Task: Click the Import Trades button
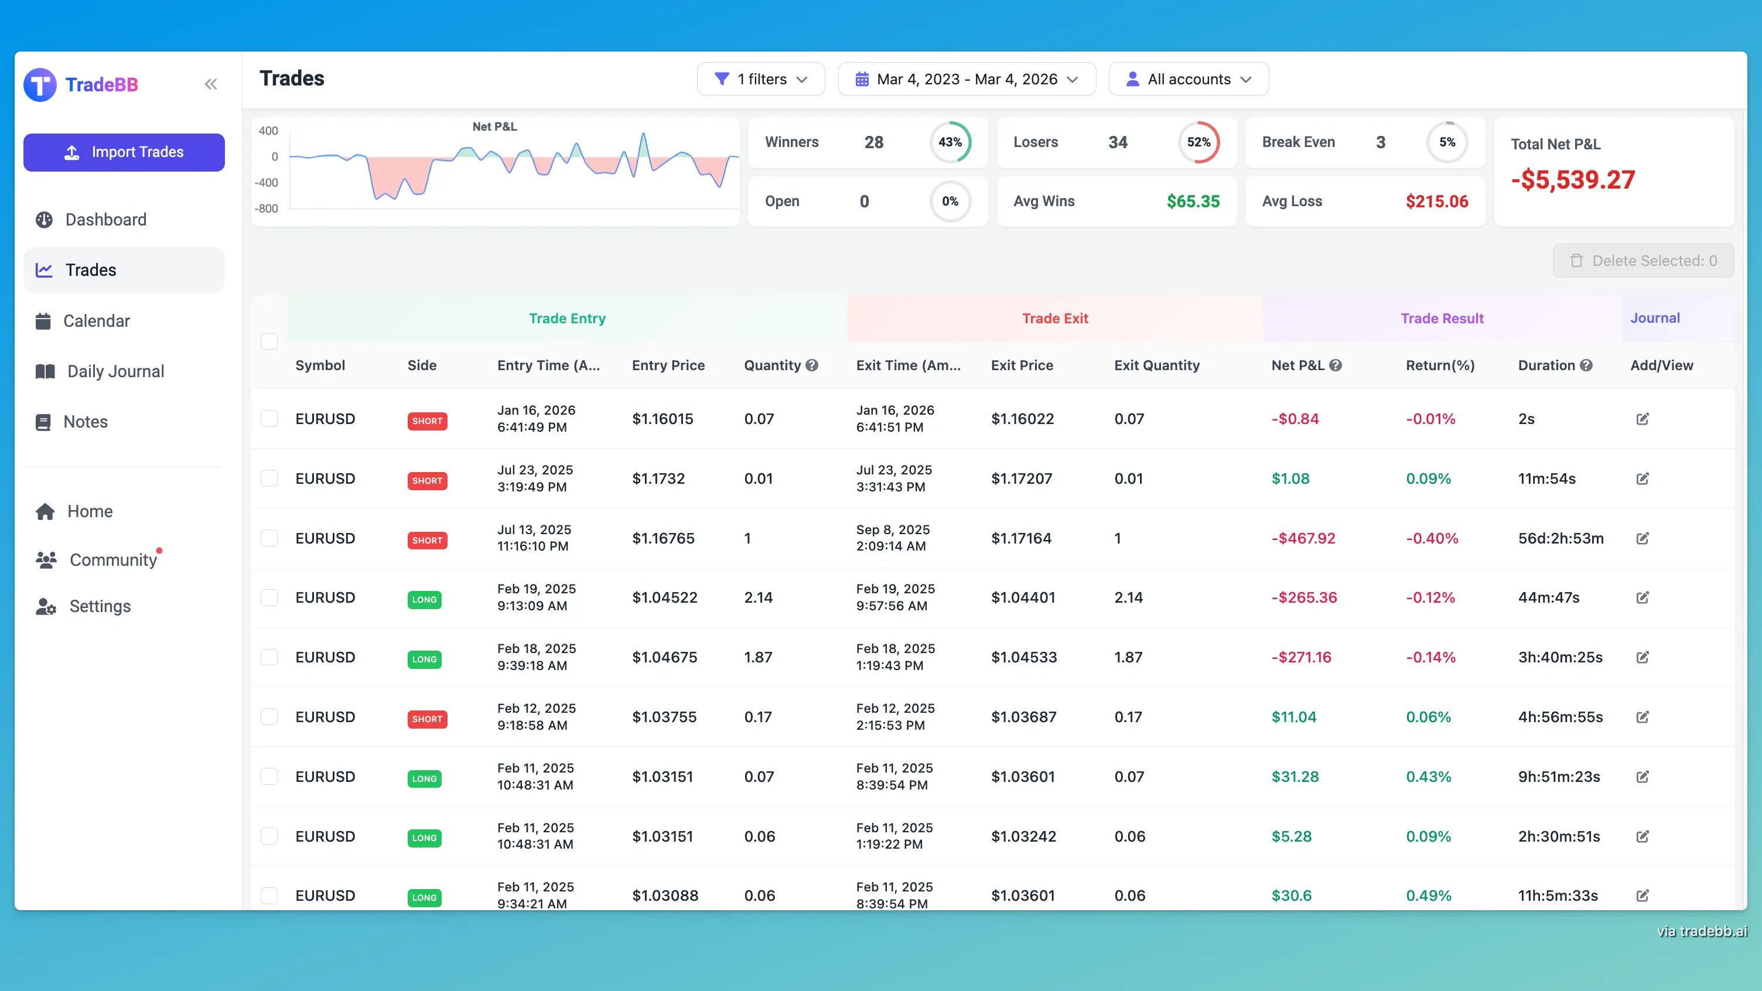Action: pyautogui.click(x=124, y=152)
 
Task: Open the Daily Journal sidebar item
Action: pyautogui.click(x=115, y=371)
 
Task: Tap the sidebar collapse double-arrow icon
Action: pyautogui.click(x=211, y=84)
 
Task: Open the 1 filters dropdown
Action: pyautogui.click(x=760, y=79)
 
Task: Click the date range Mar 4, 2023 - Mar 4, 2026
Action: pyautogui.click(x=967, y=79)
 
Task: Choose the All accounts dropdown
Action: pyautogui.click(x=1188, y=79)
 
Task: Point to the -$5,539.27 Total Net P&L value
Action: pyautogui.click(x=1573, y=180)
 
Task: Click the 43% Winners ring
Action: pyautogui.click(x=950, y=142)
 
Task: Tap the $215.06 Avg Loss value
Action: pyautogui.click(x=1436, y=201)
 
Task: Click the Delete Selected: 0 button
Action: pyautogui.click(x=1643, y=261)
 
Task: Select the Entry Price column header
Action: pyautogui.click(x=668, y=365)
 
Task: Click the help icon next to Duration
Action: pyautogui.click(x=1587, y=365)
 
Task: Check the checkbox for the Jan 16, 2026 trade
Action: pyautogui.click(x=269, y=419)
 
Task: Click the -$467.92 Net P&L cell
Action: pyautogui.click(x=1303, y=538)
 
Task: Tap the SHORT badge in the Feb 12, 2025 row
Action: pyautogui.click(x=427, y=719)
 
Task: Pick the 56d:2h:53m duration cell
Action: pyautogui.click(x=1561, y=538)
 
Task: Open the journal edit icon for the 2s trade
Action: pyautogui.click(x=1643, y=419)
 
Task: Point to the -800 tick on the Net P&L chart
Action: pyautogui.click(x=267, y=209)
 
